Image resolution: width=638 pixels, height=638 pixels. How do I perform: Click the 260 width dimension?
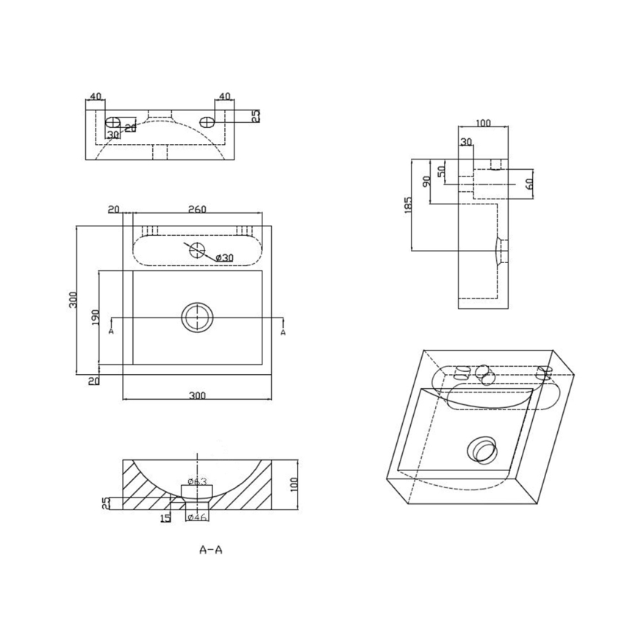[x=196, y=209]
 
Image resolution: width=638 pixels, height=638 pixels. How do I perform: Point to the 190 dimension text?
[x=94, y=318]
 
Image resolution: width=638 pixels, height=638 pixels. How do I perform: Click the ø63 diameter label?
[x=197, y=481]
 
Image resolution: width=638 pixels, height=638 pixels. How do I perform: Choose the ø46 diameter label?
[x=197, y=517]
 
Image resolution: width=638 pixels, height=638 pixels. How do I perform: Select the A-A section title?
[x=210, y=549]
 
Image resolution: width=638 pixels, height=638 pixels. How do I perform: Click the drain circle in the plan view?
[x=197, y=318]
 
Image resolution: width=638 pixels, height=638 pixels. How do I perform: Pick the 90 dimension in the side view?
[x=426, y=181]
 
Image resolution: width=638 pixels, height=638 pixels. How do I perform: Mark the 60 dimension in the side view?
[x=529, y=182]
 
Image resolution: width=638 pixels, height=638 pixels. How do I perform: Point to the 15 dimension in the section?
[x=165, y=517]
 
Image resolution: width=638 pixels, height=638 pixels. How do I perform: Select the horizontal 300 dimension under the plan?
[x=197, y=395]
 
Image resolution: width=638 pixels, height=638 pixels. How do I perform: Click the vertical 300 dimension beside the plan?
[x=73, y=300]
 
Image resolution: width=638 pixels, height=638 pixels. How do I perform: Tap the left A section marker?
[x=111, y=331]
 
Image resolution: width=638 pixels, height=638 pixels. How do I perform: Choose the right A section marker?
[x=284, y=331]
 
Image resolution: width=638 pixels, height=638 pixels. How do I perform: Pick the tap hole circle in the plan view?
[x=198, y=249]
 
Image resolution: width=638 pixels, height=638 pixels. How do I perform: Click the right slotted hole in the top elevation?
[x=209, y=121]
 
